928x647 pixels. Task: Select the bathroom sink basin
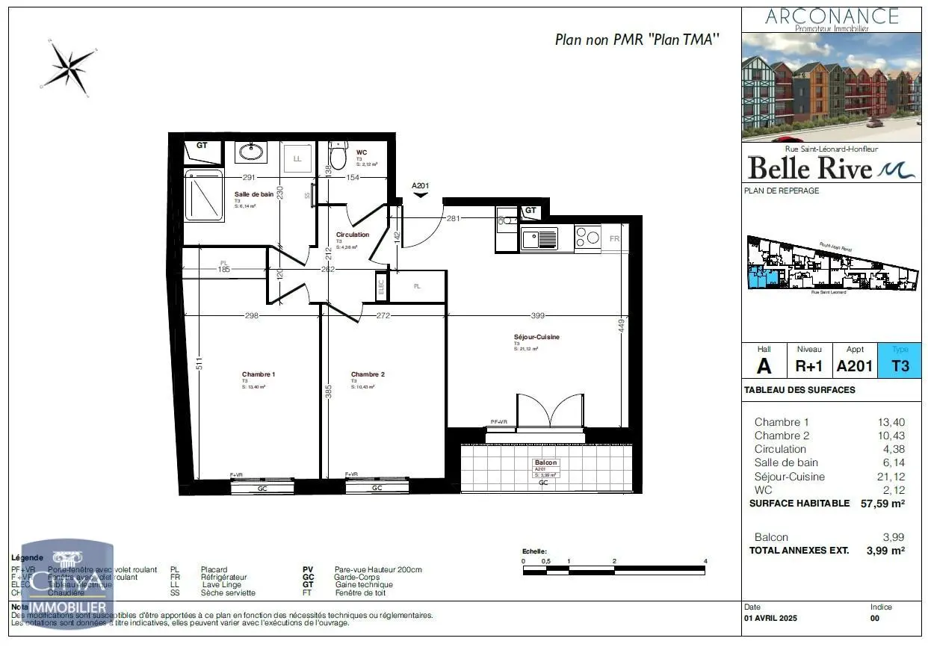[x=250, y=153]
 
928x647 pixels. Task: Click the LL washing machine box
[x=297, y=158]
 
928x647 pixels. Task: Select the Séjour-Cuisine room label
[x=536, y=337]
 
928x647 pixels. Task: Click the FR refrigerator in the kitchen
[x=614, y=238]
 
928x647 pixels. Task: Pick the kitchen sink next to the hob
[x=539, y=238]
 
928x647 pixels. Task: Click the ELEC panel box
[x=381, y=285]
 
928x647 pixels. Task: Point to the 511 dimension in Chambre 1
[x=199, y=364]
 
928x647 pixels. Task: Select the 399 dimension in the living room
[x=538, y=315]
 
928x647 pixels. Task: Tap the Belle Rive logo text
[x=811, y=168]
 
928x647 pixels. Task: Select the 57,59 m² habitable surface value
[x=882, y=504]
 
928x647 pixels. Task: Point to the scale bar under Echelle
[x=614, y=571]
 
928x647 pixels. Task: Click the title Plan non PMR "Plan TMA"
[x=637, y=40]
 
